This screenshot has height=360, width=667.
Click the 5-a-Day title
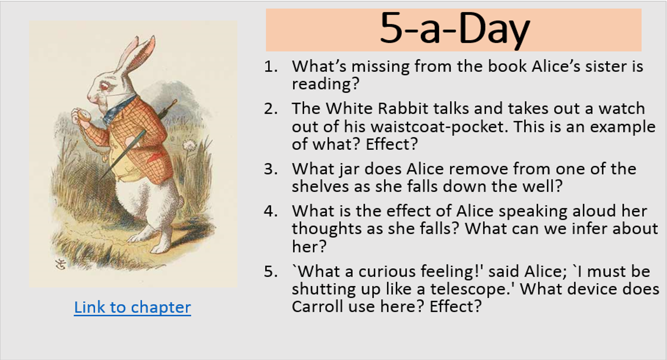(x=454, y=29)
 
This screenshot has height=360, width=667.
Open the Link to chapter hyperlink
(x=132, y=307)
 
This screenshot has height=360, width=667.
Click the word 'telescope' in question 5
(x=468, y=289)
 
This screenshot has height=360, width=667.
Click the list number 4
(x=271, y=211)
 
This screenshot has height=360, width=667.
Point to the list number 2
(x=271, y=109)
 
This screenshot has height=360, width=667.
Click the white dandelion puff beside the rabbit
(x=188, y=145)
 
